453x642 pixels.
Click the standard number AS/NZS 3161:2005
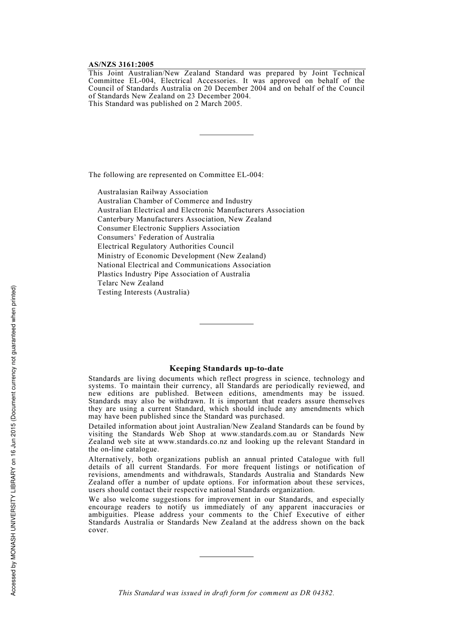(x=121, y=64)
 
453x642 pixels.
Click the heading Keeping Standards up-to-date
(x=226, y=368)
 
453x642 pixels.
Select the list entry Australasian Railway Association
(x=153, y=192)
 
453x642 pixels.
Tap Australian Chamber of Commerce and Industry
(x=175, y=201)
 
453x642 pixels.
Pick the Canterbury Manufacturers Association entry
(x=184, y=219)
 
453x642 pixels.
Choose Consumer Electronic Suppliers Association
(x=168, y=228)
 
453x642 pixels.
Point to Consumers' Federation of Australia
(x=156, y=237)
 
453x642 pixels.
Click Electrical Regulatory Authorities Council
(x=165, y=246)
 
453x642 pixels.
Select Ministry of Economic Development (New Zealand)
(x=182, y=256)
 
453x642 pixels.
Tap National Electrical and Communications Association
(x=184, y=265)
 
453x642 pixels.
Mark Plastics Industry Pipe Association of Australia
(x=174, y=274)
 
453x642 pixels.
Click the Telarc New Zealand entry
(x=130, y=283)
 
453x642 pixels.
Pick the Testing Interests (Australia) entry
(x=143, y=292)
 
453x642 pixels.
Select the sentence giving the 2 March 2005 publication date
(x=165, y=104)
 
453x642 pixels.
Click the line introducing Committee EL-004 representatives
(x=175, y=175)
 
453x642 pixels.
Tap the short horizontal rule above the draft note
(x=226, y=557)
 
